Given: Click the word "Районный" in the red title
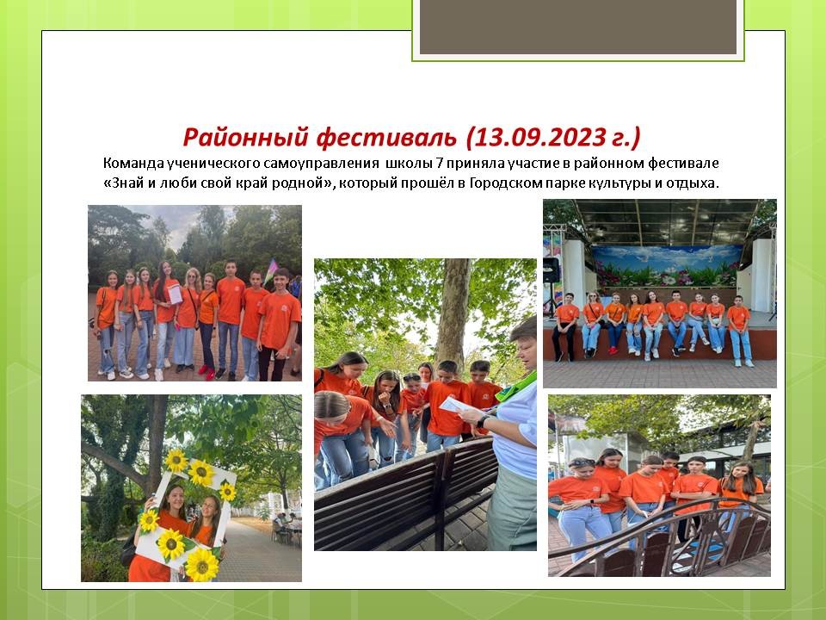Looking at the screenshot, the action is [x=245, y=137].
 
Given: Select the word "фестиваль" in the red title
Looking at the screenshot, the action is [x=386, y=137].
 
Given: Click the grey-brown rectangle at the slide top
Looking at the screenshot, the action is [x=578, y=27].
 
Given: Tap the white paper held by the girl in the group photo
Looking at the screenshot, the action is [x=175, y=294].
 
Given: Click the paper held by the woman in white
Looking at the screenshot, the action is [x=456, y=405].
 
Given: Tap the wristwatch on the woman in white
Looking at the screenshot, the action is [x=480, y=421].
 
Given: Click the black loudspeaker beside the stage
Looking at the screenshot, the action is [x=551, y=270].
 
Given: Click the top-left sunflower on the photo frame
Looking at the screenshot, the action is [x=176, y=461].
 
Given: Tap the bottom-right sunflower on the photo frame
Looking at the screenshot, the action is [x=201, y=565].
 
